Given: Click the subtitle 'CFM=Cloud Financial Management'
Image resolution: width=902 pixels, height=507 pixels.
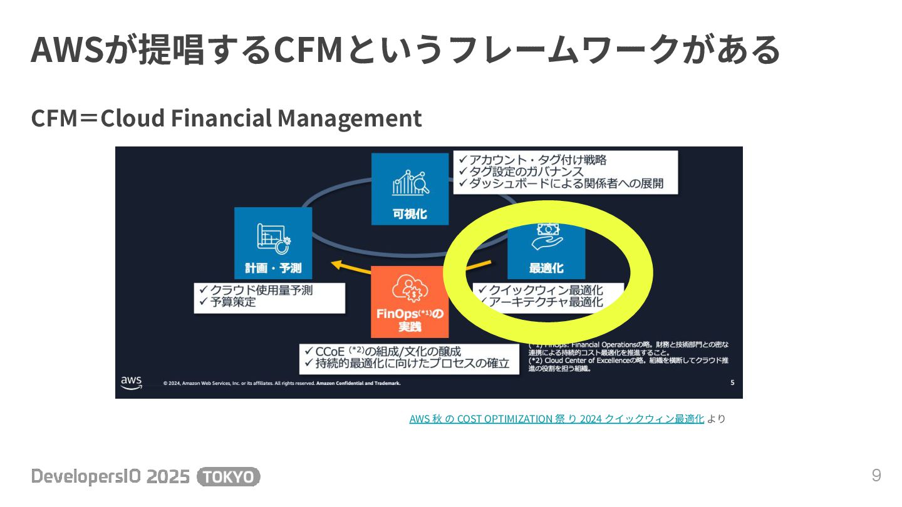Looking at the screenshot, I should [x=226, y=118].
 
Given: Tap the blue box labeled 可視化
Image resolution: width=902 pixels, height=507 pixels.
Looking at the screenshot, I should [x=410, y=189].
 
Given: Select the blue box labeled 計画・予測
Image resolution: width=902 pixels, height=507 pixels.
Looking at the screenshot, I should [x=273, y=243].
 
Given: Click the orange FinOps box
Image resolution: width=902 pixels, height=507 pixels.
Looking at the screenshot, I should [x=410, y=302].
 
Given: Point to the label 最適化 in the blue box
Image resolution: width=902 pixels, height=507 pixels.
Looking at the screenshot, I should [x=546, y=268].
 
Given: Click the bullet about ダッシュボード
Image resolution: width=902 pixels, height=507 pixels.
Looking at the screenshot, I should [x=560, y=183].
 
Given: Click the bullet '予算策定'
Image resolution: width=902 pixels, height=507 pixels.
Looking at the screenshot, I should [x=227, y=302].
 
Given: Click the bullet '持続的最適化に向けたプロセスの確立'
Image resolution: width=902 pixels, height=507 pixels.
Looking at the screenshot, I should [x=407, y=363].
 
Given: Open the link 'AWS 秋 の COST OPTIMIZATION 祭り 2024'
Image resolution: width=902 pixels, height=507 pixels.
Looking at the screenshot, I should [x=556, y=419].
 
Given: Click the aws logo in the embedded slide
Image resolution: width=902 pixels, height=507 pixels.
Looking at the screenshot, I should [x=132, y=382].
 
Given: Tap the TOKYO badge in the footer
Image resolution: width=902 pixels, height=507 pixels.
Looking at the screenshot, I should [x=229, y=477].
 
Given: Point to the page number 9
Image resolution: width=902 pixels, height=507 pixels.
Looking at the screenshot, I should [x=876, y=476].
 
